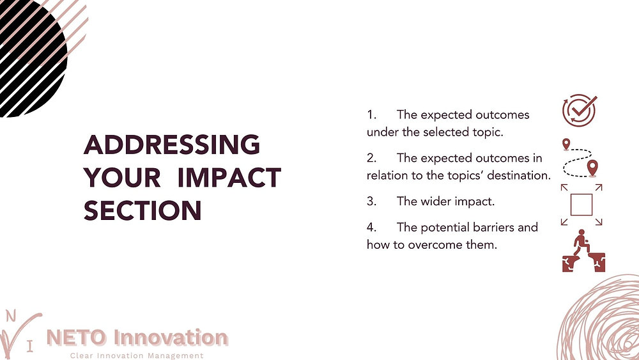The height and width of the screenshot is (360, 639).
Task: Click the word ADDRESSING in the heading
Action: [x=172, y=145]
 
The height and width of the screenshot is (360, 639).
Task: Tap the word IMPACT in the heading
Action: [x=229, y=177]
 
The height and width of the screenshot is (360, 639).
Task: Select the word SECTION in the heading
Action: [x=142, y=210]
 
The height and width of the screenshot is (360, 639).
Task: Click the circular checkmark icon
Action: [x=579, y=111]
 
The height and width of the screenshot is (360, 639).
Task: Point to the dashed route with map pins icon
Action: [x=580, y=158]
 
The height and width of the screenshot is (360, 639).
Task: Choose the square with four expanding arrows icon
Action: [x=581, y=205]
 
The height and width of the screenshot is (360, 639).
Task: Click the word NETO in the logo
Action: [x=77, y=337]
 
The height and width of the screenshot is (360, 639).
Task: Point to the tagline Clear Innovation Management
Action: [x=136, y=356]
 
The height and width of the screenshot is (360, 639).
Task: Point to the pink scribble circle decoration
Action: [x=604, y=320]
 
